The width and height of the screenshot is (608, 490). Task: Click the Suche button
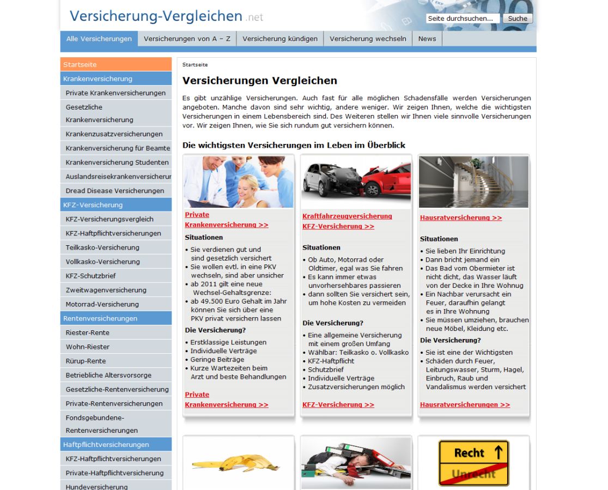pos(518,19)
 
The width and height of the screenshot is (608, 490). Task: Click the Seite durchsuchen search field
pos(463,19)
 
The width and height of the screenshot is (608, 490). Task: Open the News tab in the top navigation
pos(427,39)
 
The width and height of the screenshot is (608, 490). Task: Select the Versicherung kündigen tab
pos(280,39)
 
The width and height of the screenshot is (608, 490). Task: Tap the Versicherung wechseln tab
pos(368,39)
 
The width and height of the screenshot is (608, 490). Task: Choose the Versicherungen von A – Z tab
pos(187,39)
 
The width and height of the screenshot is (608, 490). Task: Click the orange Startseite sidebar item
pos(115,64)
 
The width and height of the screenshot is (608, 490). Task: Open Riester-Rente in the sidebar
pos(88,332)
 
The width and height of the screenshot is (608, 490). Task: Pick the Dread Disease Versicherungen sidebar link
pos(115,191)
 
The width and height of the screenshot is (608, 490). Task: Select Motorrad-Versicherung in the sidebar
pos(102,304)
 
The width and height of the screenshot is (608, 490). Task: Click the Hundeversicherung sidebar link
pos(97,487)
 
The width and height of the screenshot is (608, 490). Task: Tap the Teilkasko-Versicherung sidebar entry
pos(102,247)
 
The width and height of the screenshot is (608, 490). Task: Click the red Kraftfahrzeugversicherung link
pos(347,216)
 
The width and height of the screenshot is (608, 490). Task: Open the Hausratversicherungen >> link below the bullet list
pos(465,404)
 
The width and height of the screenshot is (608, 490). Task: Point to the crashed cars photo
pos(356,182)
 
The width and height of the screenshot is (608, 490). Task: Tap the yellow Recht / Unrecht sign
pos(473,463)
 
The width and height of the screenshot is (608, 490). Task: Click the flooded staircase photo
pos(473,182)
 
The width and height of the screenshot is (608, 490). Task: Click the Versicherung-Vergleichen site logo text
pos(156,16)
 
